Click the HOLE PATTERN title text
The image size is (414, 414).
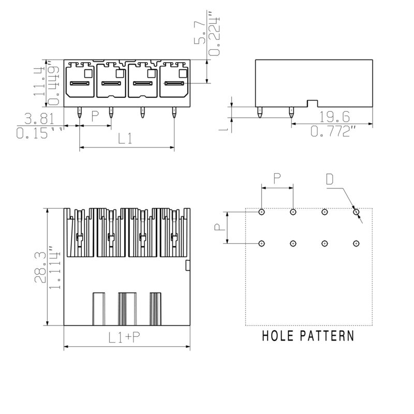coord(308,336)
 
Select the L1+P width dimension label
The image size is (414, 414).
coord(124,338)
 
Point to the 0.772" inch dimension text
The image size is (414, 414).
coord(333,131)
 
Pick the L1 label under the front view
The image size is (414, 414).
coord(125,139)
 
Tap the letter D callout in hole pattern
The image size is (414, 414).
coord(330,180)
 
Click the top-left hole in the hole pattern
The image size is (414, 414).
coord(262,212)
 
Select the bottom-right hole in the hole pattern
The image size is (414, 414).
coord(356,243)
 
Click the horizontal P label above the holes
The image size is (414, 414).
coord(277,179)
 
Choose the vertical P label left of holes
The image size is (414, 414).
coord(218,227)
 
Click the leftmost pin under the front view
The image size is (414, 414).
coord(79,113)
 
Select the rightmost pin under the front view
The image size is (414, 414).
coord(174,113)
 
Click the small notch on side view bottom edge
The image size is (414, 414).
coord(312,103)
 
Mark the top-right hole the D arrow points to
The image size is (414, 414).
coord(356,212)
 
